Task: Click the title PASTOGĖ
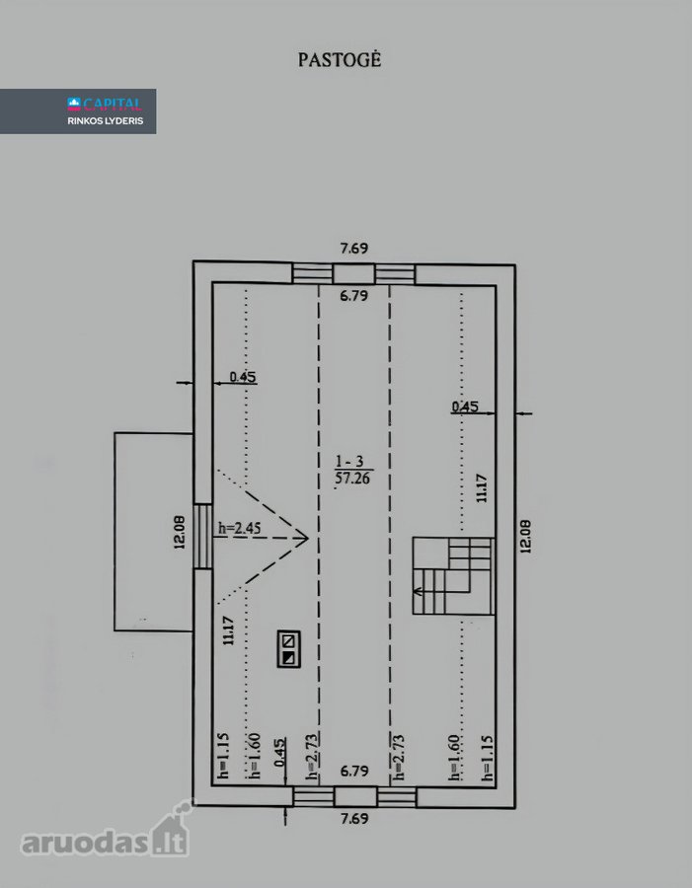pyautogui.click(x=340, y=59)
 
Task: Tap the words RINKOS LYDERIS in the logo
pyautogui.click(x=106, y=120)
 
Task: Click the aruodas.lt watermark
pyautogui.click(x=105, y=835)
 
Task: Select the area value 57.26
pyautogui.click(x=352, y=479)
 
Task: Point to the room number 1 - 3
pyautogui.click(x=350, y=462)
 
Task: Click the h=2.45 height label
pyautogui.click(x=240, y=529)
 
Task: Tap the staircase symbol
pyautogui.click(x=453, y=576)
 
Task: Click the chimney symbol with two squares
pyautogui.click(x=288, y=649)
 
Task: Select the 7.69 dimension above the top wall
pyautogui.click(x=354, y=248)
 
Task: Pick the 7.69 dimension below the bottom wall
pyautogui.click(x=354, y=818)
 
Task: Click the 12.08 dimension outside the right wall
pyautogui.click(x=525, y=537)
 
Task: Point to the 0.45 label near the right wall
pyautogui.click(x=465, y=407)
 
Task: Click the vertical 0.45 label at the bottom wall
pyautogui.click(x=280, y=752)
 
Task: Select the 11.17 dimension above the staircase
pyautogui.click(x=482, y=488)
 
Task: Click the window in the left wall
pyautogui.click(x=203, y=537)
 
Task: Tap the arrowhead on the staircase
pyautogui.click(x=418, y=591)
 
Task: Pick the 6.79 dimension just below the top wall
pyautogui.click(x=354, y=295)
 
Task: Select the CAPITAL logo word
pyautogui.click(x=113, y=104)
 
